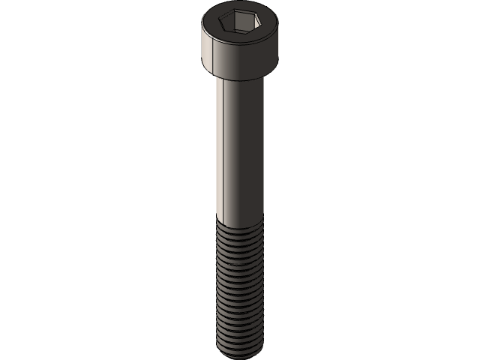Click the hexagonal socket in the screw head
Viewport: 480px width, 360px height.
click(240, 28)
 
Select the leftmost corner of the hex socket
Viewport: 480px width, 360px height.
click(223, 28)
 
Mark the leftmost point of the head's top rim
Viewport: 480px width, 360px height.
click(204, 28)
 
